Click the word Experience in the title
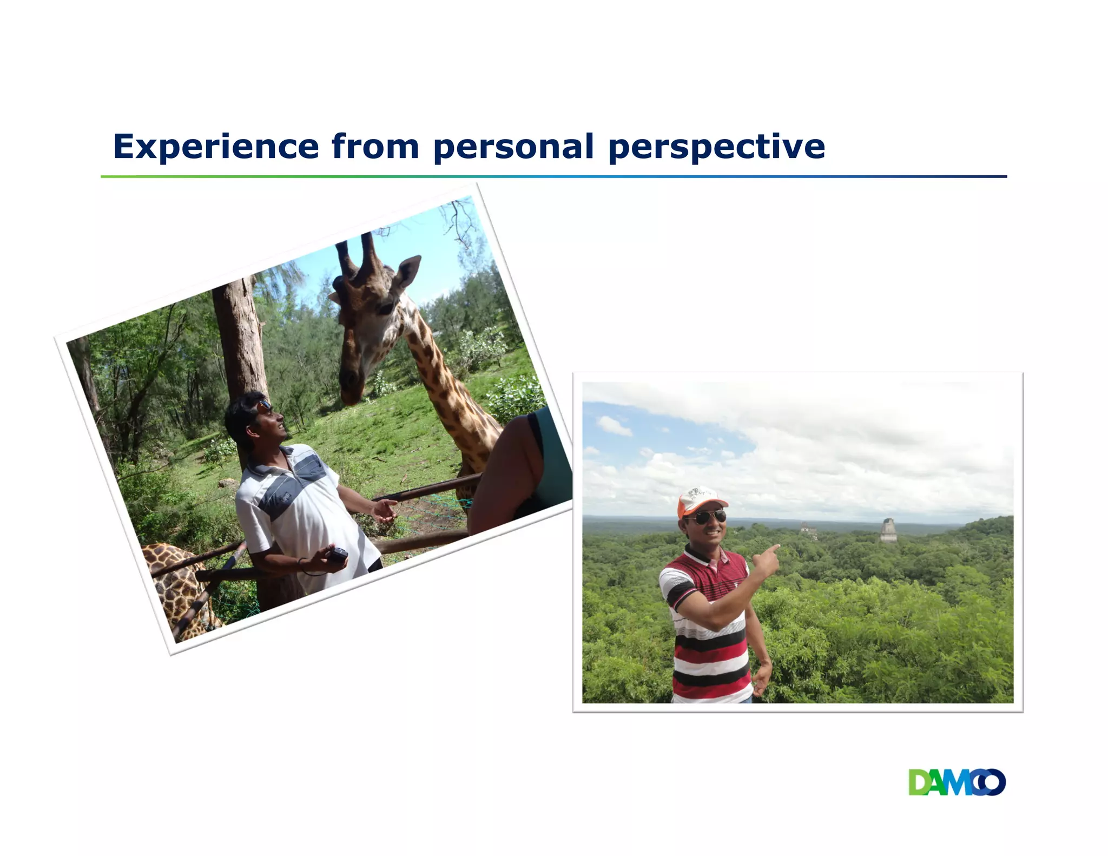[216, 147]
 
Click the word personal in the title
[513, 147]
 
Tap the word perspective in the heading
[716, 147]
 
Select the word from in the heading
[375, 147]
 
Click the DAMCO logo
[957, 782]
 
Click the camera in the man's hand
[339, 554]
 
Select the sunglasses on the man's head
[264, 405]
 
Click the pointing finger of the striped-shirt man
[774, 549]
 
